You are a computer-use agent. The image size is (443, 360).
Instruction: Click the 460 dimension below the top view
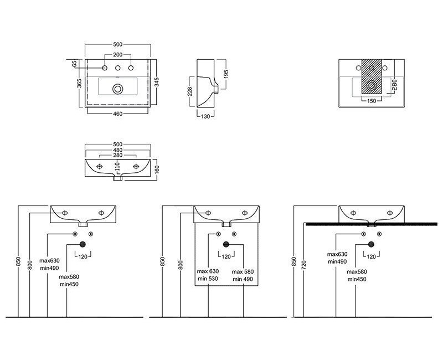tap(117, 114)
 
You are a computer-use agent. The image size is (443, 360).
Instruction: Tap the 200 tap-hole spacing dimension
tap(117, 55)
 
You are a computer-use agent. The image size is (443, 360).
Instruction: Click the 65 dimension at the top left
tap(74, 64)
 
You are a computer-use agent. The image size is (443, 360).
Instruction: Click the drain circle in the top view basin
tap(117, 88)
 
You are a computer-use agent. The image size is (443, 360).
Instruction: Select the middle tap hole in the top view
tap(117, 69)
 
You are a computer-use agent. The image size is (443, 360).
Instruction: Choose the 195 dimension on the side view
tap(226, 74)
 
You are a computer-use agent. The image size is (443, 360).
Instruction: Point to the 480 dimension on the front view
tap(117, 151)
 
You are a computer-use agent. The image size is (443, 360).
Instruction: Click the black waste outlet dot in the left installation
tap(83, 244)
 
